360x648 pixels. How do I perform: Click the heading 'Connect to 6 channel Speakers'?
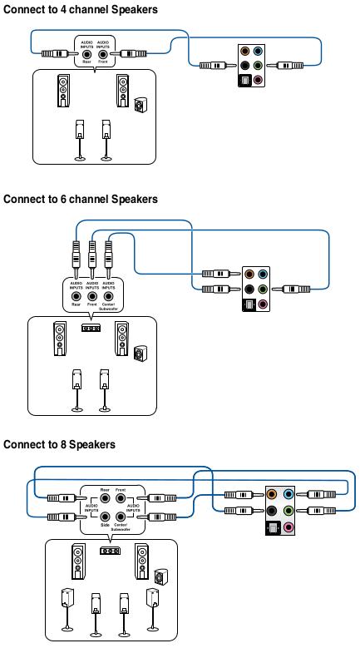[81, 200]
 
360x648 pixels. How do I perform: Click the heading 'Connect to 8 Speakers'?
[59, 444]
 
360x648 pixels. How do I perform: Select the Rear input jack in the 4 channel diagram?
[86, 53]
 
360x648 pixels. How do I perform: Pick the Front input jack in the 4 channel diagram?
[103, 53]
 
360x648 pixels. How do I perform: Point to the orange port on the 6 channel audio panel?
[249, 274]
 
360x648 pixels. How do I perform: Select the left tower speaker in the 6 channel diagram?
[59, 339]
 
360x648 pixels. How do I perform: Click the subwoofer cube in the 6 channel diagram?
[140, 354]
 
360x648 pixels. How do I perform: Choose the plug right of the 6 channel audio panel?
[296, 289]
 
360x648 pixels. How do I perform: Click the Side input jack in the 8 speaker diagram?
[106, 517]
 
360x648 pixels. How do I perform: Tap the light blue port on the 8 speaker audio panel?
[288, 493]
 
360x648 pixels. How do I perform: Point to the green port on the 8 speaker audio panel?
[288, 511]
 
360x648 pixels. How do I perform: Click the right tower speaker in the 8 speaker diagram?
[141, 562]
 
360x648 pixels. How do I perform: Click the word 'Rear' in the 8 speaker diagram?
[105, 490]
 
